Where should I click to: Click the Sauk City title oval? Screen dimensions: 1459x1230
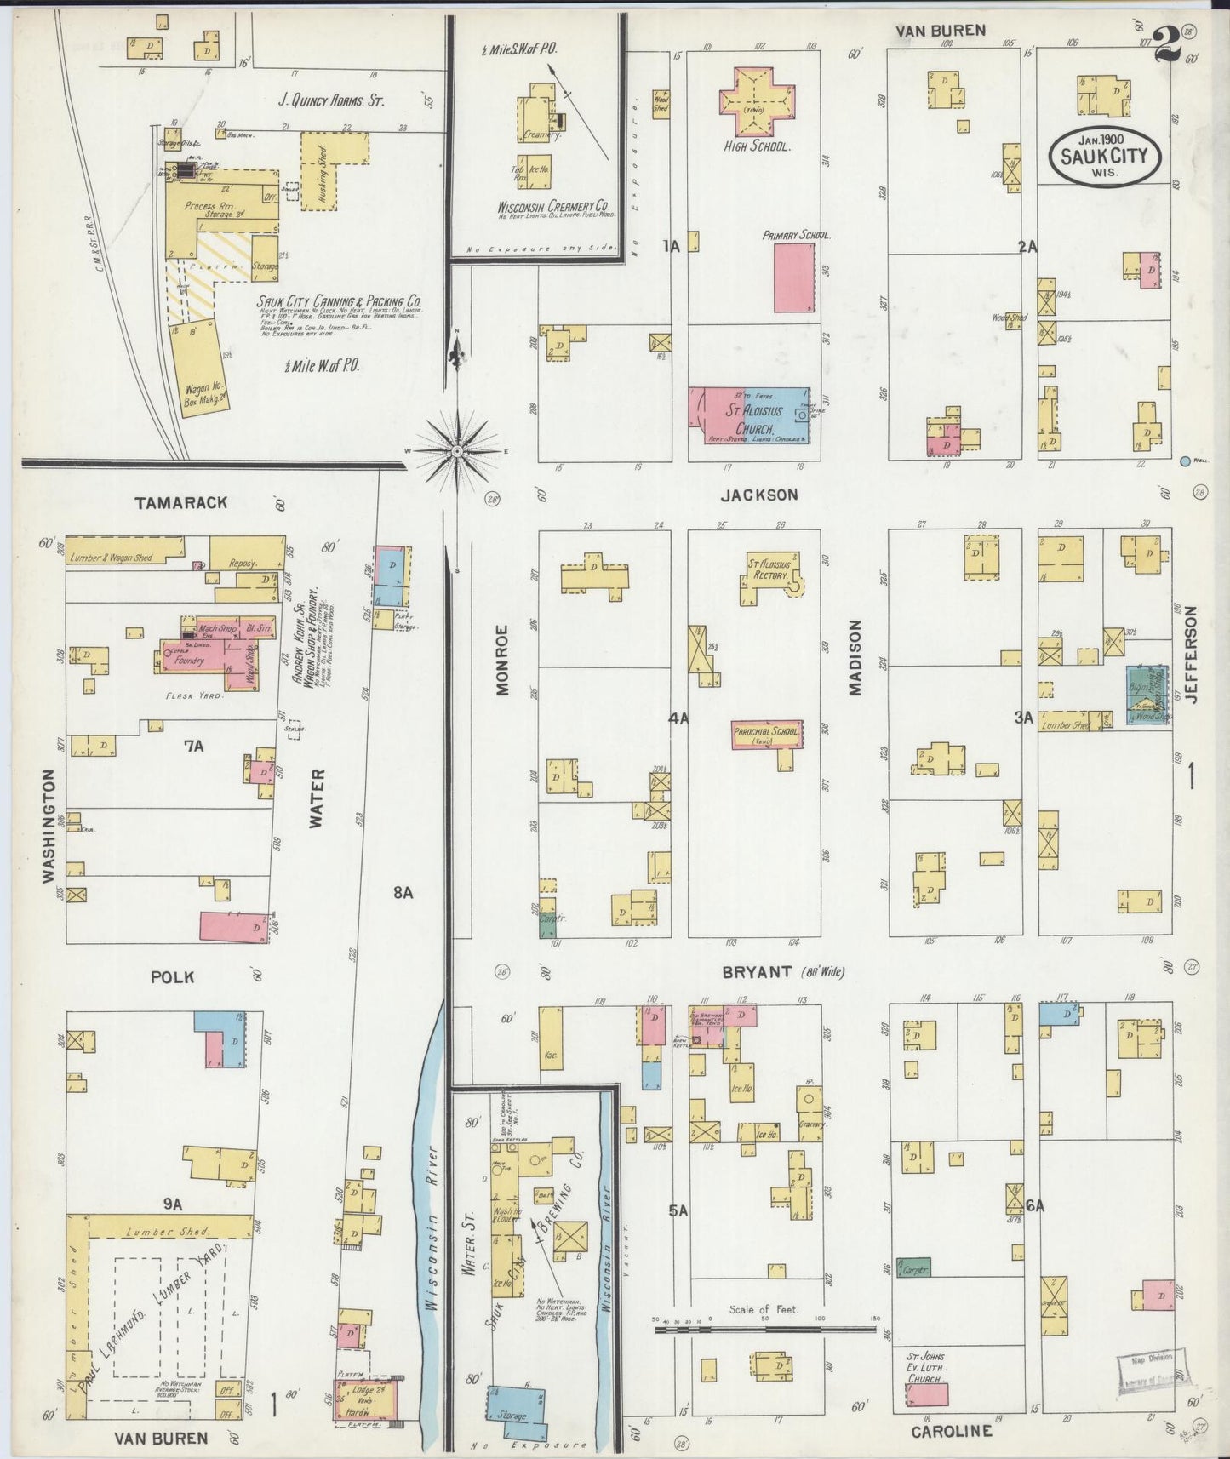click(x=1104, y=156)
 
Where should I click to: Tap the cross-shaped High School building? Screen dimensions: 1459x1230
click(x=757, y=100)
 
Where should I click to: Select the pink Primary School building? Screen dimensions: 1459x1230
click(x=794, y=277)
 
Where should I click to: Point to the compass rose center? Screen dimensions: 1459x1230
click(x=457, y=450)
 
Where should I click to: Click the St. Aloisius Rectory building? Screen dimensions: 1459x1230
click(x=769, y=576)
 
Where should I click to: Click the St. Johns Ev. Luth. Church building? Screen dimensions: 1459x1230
click(x=927, y=1394)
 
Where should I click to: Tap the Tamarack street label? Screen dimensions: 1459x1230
click(x=180, y=502)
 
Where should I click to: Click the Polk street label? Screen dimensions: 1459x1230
click(x=172, y=976)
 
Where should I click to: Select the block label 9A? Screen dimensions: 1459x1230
click(x=173, y=1204)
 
